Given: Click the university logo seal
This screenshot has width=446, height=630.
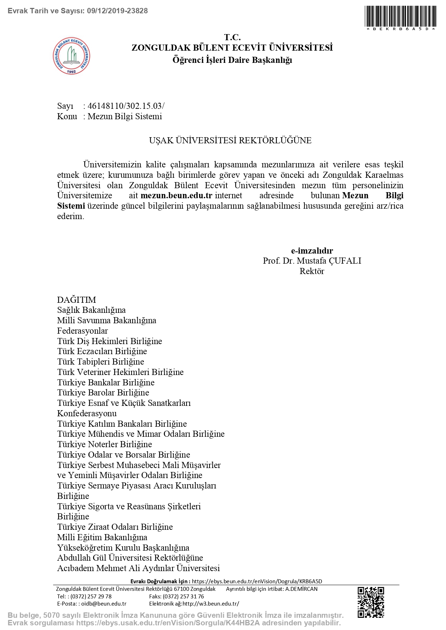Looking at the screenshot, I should coord(72,56).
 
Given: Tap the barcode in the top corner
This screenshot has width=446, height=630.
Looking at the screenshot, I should coord(400,16).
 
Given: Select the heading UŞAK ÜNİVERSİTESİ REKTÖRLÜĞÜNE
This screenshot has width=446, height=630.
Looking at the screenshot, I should coord(230,140).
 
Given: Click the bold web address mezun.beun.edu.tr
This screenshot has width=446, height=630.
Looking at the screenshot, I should coord(176,196).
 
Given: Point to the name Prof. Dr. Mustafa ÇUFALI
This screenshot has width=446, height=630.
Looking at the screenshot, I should coord(312,261).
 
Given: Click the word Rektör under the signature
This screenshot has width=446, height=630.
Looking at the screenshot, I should coord(312,271).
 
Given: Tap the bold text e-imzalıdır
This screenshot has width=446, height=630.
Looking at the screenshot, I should coord(312,251).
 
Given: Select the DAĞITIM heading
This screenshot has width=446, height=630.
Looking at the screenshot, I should coord(77,300).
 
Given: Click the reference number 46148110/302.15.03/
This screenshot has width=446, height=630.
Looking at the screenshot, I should coord(126,106).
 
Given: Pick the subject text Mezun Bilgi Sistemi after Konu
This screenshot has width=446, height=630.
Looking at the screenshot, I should coord(125,116).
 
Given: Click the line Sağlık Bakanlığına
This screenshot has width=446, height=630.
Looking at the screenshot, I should coord(91,310).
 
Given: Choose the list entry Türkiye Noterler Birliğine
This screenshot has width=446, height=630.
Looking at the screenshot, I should coord(105,444).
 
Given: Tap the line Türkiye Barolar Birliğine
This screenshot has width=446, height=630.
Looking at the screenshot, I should coord(103,393).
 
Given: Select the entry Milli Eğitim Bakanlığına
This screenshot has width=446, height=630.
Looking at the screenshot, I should coord(102,537).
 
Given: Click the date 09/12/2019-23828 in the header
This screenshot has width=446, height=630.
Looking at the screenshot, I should coord(118,11).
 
